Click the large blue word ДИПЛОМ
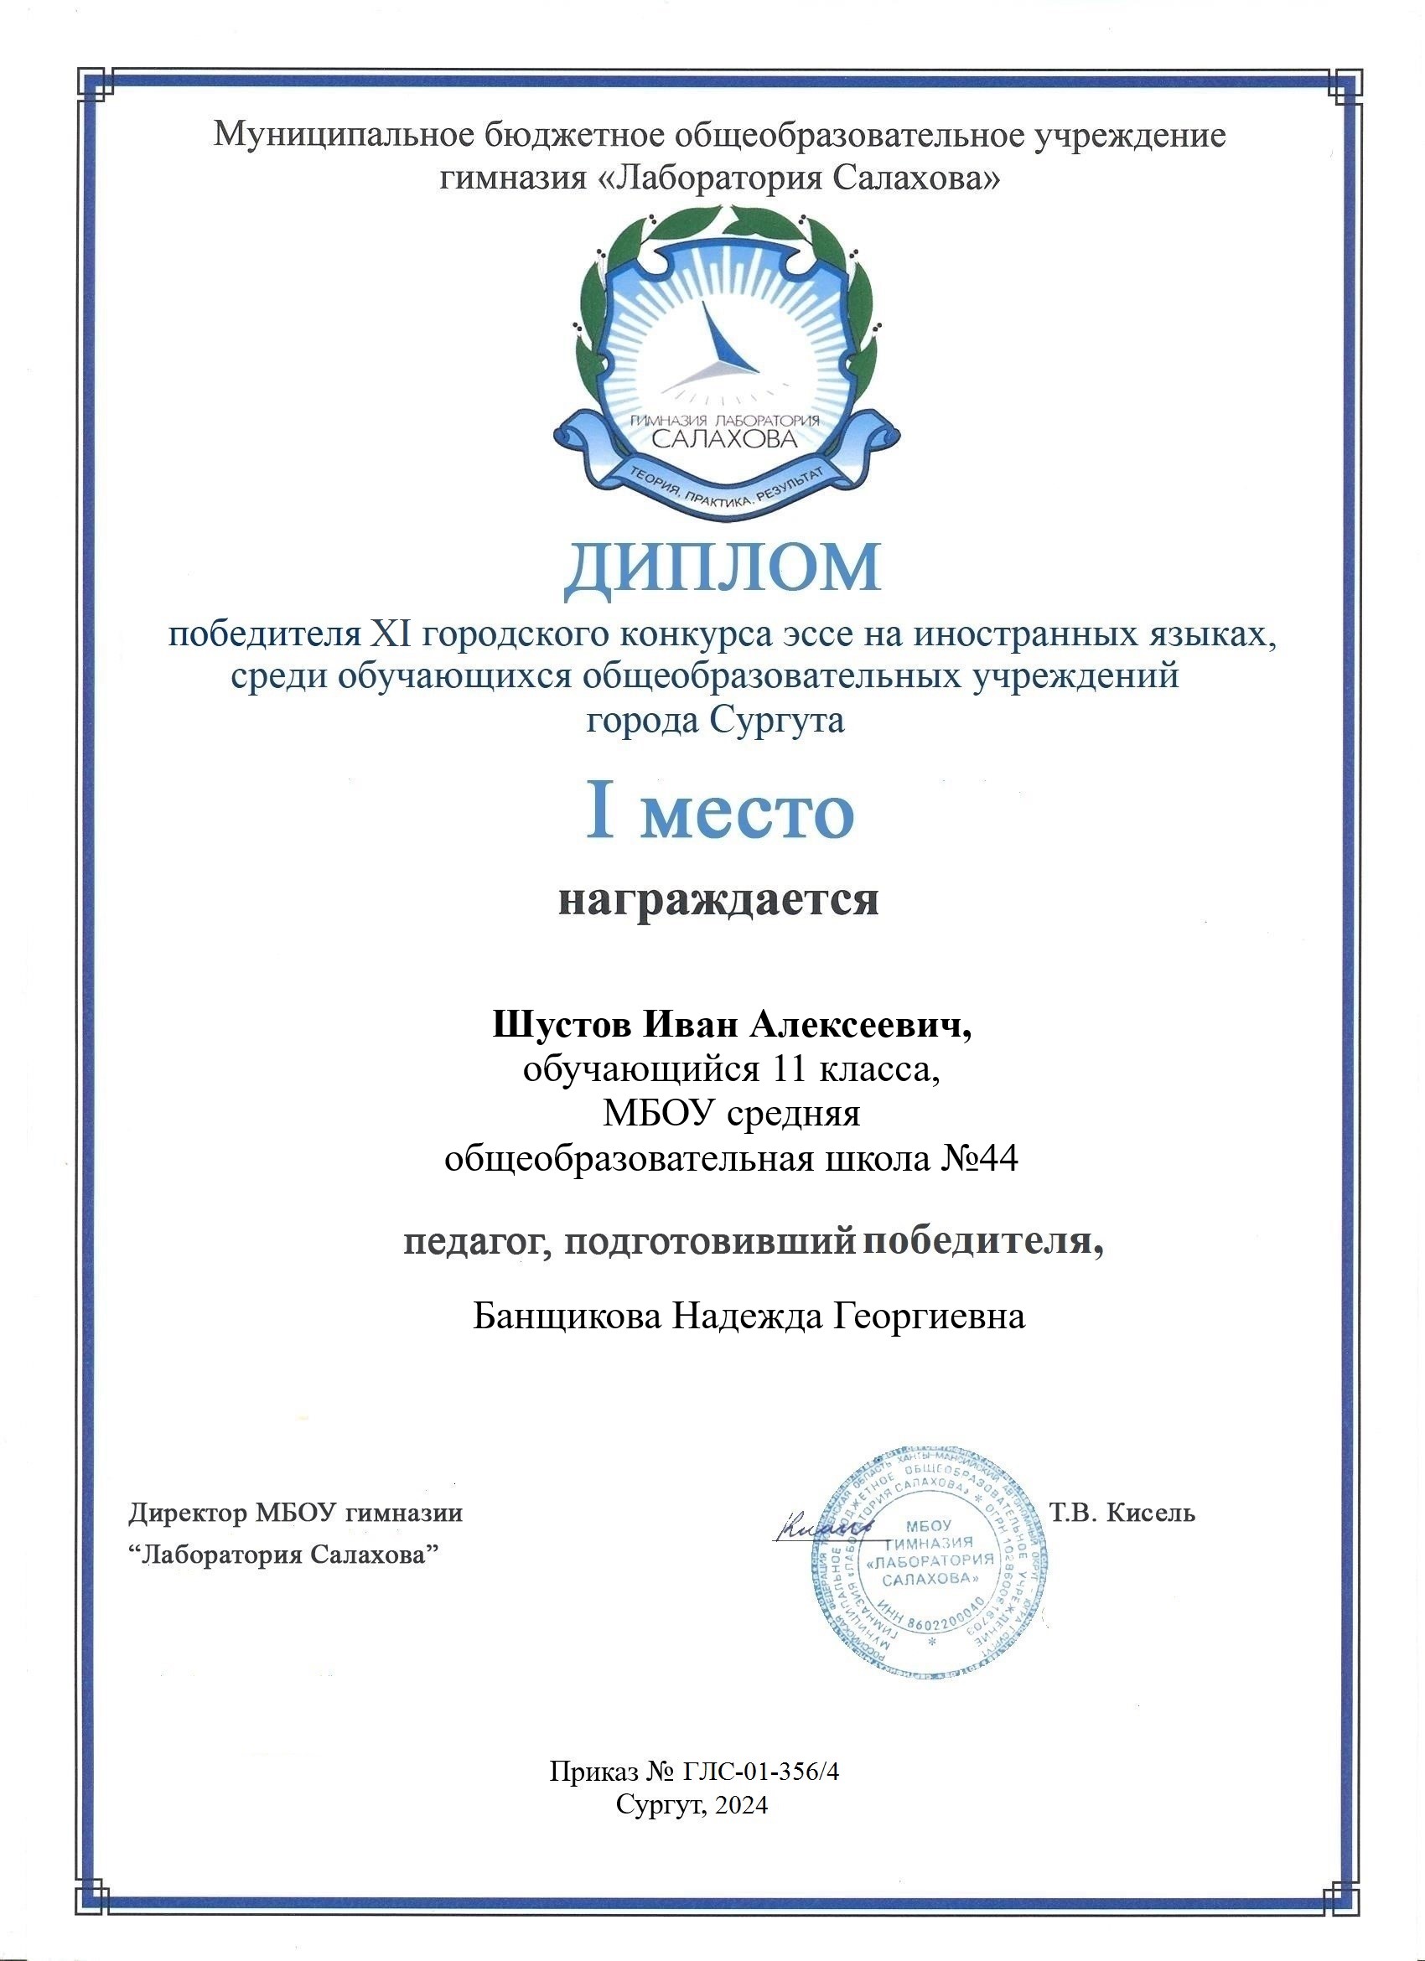tap(722, 567)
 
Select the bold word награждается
tap(718, 899)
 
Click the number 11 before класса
tap(783, 1070)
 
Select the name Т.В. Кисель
tap(1121, 1513)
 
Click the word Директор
tap(189, 1513)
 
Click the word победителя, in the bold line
tap(984, 1244)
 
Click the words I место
tap(720, 813)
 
